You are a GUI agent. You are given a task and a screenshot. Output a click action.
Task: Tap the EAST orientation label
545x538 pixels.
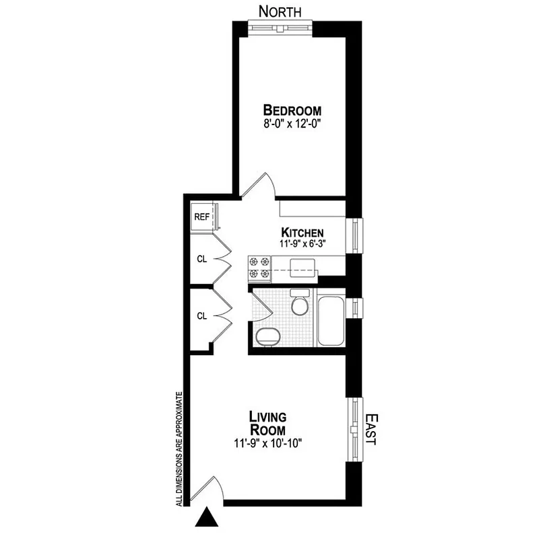[371, 430]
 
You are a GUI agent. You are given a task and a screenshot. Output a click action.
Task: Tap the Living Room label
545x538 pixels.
[267, 423]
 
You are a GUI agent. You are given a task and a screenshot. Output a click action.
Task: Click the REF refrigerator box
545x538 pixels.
[202, 217]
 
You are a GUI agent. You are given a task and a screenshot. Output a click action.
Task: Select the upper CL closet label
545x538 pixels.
[201, 259]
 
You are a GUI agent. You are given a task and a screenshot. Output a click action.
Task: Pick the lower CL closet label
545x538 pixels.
[201, 315]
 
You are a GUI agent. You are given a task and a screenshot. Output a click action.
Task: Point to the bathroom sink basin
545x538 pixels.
[268, 336]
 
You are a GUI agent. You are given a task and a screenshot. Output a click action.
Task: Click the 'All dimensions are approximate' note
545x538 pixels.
[179, 447]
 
